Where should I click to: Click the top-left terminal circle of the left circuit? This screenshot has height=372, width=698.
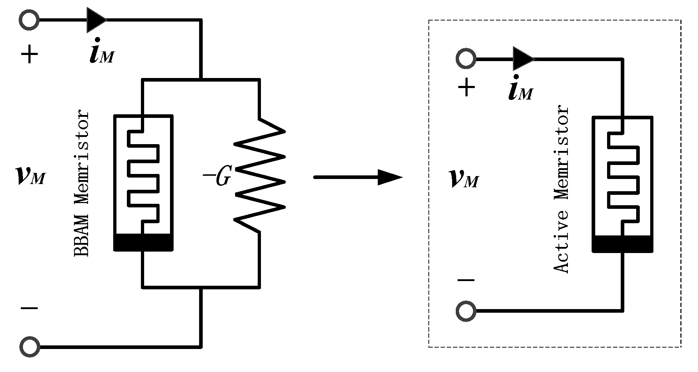(29, 20)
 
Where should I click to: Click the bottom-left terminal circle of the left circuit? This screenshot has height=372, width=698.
(29, 347)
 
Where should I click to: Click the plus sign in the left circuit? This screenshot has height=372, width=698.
(29, 55)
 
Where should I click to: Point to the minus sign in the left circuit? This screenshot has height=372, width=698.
(29, 308)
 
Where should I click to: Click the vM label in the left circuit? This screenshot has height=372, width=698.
(31, 175)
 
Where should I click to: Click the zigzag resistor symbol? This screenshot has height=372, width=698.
(260, 175)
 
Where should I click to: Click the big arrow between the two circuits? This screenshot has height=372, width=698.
(358, 177)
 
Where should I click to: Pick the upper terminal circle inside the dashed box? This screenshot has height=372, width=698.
(466, 58)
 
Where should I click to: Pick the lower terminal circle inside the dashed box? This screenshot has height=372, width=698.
(466, 311)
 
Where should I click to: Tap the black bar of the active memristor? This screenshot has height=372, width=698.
(622, 244)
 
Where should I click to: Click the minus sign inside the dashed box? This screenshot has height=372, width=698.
(466, 280)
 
